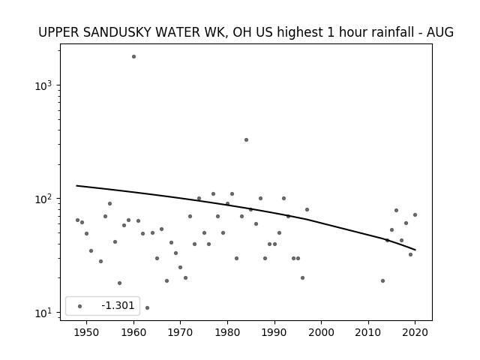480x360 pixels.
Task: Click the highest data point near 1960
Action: coord(133,57)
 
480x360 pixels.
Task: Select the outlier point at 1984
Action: coord(247,140)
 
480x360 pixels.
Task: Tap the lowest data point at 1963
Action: coord(147,307)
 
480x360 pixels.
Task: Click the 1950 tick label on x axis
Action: coord(87,332)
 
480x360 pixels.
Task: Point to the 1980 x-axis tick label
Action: coord(227,332)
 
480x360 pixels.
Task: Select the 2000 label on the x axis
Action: coord(322,332)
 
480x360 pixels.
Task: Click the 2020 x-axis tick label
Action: coord(415,332)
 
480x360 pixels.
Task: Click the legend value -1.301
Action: coord(118,305)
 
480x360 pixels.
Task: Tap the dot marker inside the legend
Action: coord(80,306)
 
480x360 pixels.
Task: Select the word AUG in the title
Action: coord(440,32)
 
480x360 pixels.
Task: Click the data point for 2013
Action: coord(382,280)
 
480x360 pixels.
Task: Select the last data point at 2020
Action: coord(415,215)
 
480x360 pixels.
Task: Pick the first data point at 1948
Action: coord(77,220)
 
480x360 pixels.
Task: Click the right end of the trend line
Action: coord(415,250)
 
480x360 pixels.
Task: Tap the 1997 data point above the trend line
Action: coord(307,210)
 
